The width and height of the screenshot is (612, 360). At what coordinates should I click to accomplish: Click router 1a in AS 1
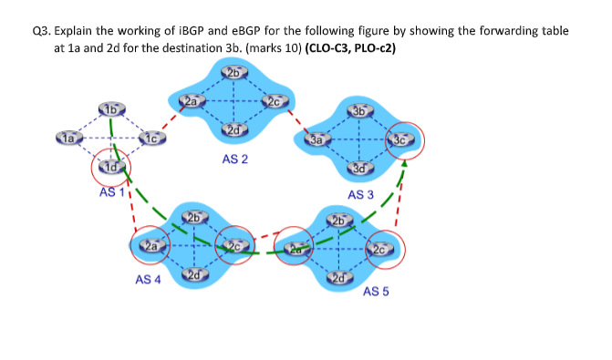69,139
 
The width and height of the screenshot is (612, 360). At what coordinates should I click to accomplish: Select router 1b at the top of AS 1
109,110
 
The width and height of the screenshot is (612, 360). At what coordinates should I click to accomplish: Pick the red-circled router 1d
110,167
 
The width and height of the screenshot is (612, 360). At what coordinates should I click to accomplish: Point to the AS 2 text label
235,159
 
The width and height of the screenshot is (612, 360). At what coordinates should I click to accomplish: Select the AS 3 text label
360,194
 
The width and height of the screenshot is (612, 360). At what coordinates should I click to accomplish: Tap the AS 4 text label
148,280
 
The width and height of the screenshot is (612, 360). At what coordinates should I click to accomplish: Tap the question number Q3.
41,30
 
